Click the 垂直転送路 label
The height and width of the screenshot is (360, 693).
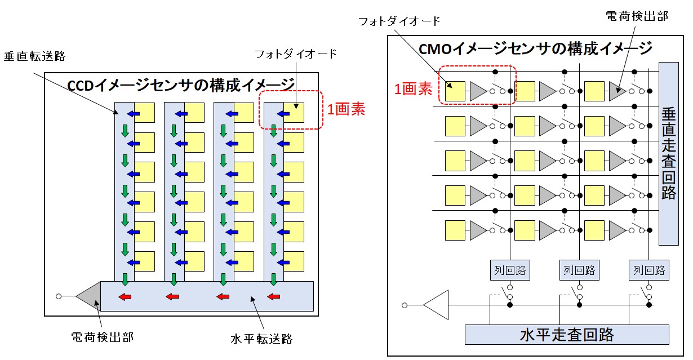pyautogui.click(x=34, y=56)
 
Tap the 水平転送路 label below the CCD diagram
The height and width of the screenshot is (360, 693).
pyautogui.click(x=261, y=339)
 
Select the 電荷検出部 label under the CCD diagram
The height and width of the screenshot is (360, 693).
pyautogui.click(x=102, y=337)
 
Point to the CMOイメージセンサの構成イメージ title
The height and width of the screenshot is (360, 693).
pyautogui.click(x=536, y=48)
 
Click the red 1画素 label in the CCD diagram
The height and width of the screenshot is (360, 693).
pyautogui.click(x=346, y=109)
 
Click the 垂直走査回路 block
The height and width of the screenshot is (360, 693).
pyautogui.click(x=669, y=153)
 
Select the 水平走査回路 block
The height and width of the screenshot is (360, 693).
pyautogui.click(x=566, y=335)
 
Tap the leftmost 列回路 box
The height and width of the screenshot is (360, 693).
pyautogui.click(x=510, y=270)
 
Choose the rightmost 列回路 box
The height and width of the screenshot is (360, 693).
pyautogui.click(x=648, y=270)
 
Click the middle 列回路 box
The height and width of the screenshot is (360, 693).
pyautogui.click(x=579, y=270)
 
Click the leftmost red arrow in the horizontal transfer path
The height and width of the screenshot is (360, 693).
pyautogui.click(x=125, y=297)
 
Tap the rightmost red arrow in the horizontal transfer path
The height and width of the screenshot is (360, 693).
pyautogui.click(x=273, y=297)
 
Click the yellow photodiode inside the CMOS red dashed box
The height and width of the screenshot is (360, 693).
pyautogui.click(x=455, y=91)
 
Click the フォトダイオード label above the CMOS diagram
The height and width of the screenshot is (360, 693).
pyautogui.click(x=399, y=21)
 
